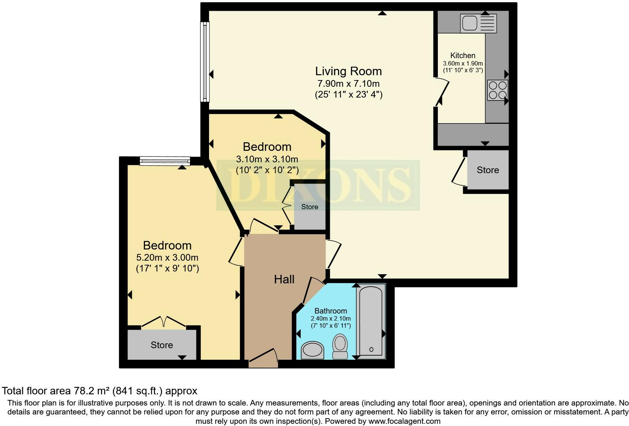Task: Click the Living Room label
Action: [348, 71]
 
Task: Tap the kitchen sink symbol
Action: [478, 23]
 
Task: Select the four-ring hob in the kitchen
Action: [497, 90]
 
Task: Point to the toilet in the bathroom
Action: [339, 346]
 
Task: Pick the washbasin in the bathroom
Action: [312, 350]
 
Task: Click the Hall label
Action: [284, 279]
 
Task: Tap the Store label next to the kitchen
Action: [487, 170]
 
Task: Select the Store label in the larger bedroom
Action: [162, 345]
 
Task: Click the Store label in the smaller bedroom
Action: [310, 207]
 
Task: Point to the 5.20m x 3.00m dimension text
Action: [167, 257]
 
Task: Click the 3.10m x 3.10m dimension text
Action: [267, 159]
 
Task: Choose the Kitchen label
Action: [462, 55]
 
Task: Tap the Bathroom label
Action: [331, 311]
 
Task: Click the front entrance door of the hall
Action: [263, 357]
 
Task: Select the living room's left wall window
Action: [205, 61]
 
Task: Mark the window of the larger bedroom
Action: [165, 161]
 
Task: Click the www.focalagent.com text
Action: [404, 421]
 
